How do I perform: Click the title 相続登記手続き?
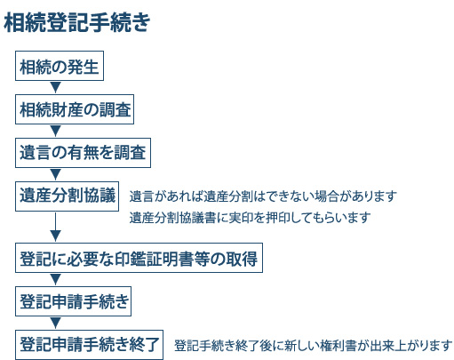pos(77,22)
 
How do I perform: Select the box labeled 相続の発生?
pos(60,66)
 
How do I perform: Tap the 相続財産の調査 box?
pos(75,109)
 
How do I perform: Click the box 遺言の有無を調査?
pos(83,153)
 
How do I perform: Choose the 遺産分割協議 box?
pos(67,196)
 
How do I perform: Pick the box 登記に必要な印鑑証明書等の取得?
pos(139,258)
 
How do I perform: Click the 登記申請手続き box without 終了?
pos(73,301)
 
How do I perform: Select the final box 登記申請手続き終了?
pos(89,345)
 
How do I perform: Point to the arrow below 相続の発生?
pos(55,87)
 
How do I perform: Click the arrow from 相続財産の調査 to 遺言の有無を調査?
pos(55,131)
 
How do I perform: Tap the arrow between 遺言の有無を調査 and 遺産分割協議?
pos(55,174)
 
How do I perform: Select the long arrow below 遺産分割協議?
pos(55,227)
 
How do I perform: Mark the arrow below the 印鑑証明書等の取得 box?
pos(55,279)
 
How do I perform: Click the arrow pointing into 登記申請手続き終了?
pos(55,323)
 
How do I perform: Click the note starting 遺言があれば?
pos(263,196)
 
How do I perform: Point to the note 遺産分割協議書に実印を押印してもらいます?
pos(250,218)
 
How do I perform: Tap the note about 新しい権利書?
pos(313,346)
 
